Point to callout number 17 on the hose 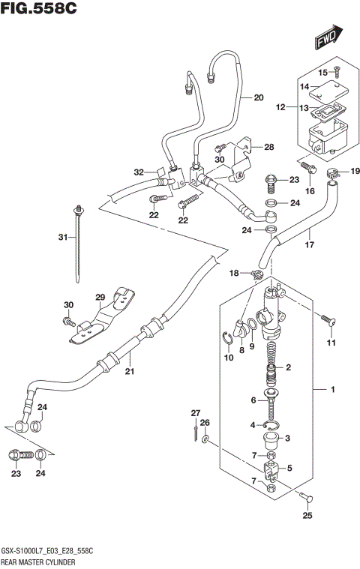[x=308, y=244]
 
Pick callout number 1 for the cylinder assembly [x=322, y=390]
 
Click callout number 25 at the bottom [x=305, y=515]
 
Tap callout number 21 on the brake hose [x=128, y=371]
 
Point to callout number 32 [x=139, y=172]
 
